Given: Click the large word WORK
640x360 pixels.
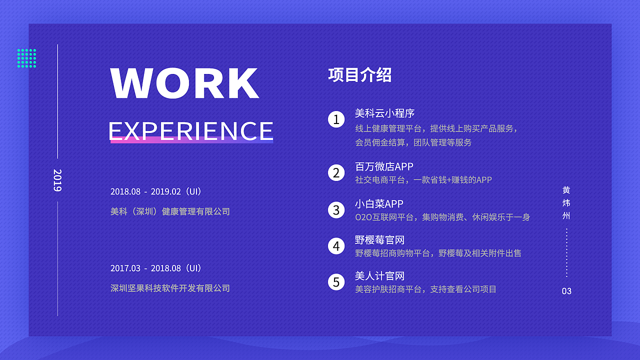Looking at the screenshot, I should coord(184,83).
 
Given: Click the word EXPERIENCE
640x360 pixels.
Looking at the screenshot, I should coord(191,130).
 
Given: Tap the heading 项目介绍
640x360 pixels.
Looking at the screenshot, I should coord(359,75).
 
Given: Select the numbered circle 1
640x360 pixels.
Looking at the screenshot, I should coord(336,119).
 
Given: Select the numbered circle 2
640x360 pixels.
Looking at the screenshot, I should coord(336,173).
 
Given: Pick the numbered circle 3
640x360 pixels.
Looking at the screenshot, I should coord(336,209).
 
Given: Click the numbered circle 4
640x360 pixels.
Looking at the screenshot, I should coord(336,246).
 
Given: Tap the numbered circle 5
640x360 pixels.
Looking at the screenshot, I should coord(336,282).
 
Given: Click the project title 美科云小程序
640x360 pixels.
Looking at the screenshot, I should coord(384,113).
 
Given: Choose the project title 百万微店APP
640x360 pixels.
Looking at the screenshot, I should coord(384,166).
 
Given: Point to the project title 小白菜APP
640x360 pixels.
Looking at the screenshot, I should coord(379,204).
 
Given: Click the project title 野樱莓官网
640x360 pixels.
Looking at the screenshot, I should coord(379,240).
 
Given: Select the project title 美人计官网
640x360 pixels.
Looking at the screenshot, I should coord(379,276).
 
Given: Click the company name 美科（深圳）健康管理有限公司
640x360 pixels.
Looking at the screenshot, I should coord(170,211).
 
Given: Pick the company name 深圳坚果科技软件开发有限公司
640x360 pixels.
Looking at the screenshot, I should coord(170,288).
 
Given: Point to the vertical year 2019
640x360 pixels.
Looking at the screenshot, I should coord(57,180).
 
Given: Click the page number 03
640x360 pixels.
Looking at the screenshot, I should coord(566,291).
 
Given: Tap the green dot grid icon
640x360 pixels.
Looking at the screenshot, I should coord(26,58).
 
